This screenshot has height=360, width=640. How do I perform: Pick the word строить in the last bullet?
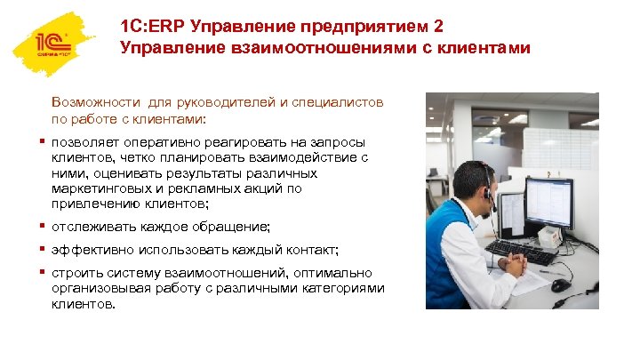77,273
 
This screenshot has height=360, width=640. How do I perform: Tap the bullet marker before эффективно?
43,250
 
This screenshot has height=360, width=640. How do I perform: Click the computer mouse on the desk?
560,285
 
